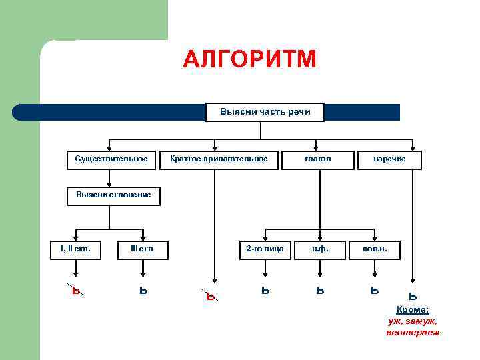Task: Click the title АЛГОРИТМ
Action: coord(249,61)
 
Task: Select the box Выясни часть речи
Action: coord(265,112)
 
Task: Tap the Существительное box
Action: coord(111,159)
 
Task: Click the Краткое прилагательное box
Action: coord(219,159)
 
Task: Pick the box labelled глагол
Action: coord(317,159)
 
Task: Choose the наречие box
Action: coord(389,159)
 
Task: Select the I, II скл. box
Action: coord(75,249)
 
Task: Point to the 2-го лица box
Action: coord(265,249)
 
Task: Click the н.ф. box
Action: coord(319,249)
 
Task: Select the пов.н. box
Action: coord(375,249)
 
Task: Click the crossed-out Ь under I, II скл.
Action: coord(77,290)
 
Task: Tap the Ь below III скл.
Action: coord(143,290)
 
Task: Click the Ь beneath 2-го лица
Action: coord(265,290)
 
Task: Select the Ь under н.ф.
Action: coord(320,290)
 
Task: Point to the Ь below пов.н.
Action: coord(375,290)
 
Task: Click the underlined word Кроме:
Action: coord(413,310)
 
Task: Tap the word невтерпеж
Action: coord(413,332)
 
